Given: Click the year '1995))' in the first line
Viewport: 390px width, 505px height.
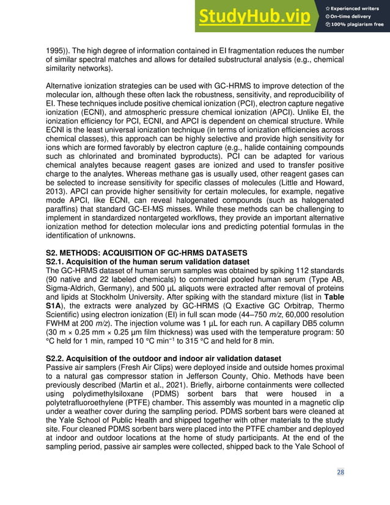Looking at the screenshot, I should (60, 51).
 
